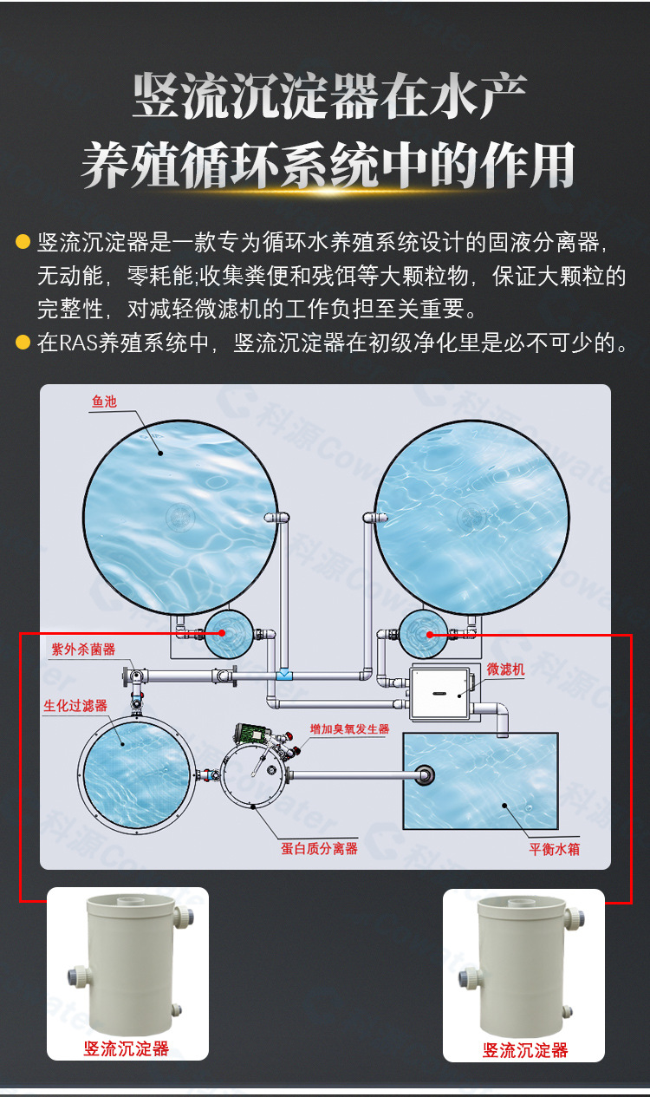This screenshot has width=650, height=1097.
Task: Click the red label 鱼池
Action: click(104, 402)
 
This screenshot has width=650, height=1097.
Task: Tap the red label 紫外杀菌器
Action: click(83, 650)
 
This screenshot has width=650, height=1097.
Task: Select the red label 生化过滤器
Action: click(75, 706)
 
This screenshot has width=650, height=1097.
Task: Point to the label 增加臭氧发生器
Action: click(349, 729)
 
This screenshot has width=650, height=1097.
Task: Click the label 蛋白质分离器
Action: click(319, 849)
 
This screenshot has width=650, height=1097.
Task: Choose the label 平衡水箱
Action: click(554, 849)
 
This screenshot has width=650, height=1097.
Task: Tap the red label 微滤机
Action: click(505, 669)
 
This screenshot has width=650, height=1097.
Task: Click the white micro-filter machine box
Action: click(439, 693)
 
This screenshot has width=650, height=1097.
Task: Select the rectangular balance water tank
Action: click(480, 780)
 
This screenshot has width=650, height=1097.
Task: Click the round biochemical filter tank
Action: click(137, 774)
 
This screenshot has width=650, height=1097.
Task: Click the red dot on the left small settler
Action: click(222, 633)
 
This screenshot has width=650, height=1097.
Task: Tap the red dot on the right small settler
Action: click(430, 635)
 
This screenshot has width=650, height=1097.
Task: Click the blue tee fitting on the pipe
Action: click(284, 676)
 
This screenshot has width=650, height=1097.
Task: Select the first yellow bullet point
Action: click(23, 242)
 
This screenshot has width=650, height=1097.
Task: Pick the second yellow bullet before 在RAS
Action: click(23, 343)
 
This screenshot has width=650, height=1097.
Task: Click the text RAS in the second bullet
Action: click(78, 343)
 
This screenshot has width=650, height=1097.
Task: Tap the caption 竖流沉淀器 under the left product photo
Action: click(127, 1048)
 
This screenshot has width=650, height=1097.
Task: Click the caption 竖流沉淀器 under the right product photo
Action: click(524, 1050)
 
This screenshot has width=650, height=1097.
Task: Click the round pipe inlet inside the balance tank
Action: click(424, 774)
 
